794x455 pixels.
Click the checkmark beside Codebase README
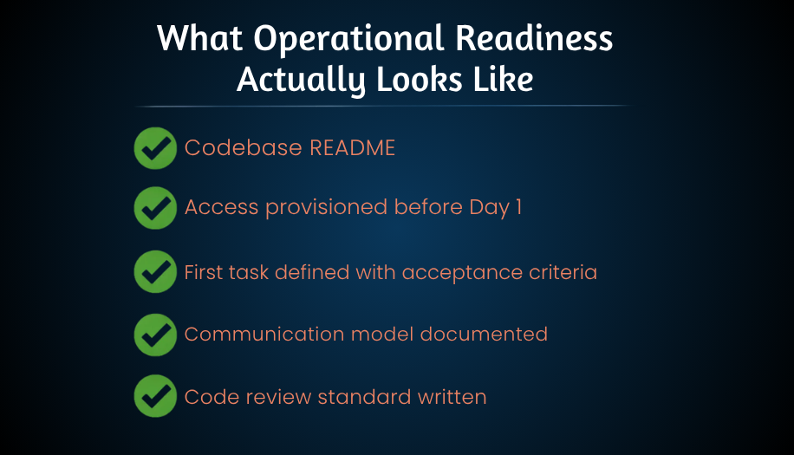tap(156, 147)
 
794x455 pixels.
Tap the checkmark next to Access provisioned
tap(156, 208)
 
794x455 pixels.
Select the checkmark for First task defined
tap(156, 271)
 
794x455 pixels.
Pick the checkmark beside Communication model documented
tap(156, 334)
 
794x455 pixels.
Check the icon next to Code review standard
tap(156, 397)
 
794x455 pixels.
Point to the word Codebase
tap(244, 147)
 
